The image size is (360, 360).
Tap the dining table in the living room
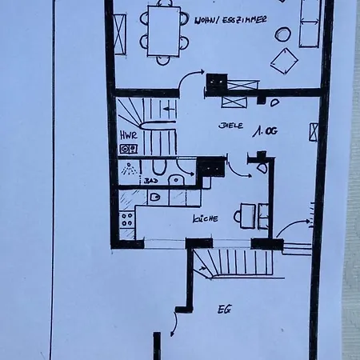[163, 30]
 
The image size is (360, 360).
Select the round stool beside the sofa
[282, 34]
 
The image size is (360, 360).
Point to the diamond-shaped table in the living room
[284, 60]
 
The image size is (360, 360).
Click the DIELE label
[230, 126]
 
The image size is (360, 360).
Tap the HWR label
[127, 135]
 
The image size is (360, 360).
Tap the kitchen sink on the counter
[154, 197]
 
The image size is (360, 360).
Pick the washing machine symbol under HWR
[127, 149]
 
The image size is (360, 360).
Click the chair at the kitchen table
[238, 215]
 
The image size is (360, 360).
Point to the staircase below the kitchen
[232, 262]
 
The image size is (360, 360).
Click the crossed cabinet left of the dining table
[120, 34]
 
